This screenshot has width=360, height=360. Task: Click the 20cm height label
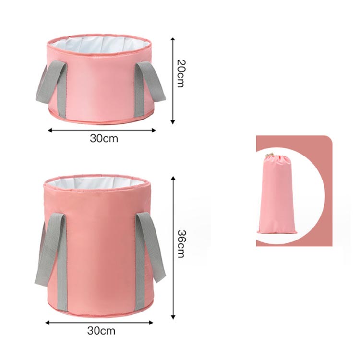pos(180,74)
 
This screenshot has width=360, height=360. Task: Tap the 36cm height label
pos(181,244)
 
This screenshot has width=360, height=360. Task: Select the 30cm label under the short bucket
pos(104,138)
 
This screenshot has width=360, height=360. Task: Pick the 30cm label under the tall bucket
pos(101,331)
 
